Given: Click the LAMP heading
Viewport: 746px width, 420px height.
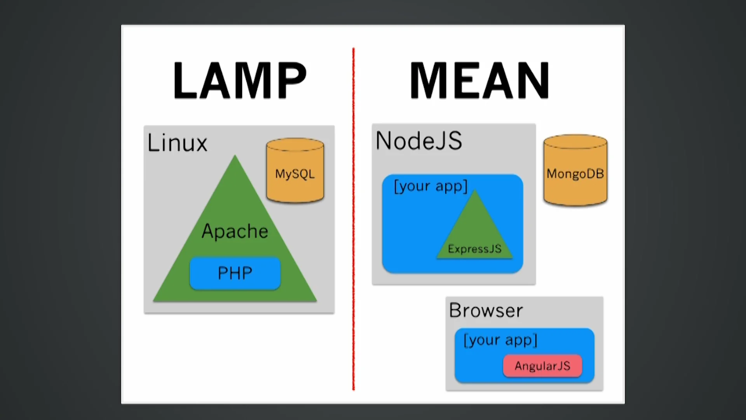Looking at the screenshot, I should (x=240, y=81).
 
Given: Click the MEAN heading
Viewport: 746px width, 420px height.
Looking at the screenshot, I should (x=480, y=81).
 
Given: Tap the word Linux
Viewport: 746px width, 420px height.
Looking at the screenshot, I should (x=177, y=143).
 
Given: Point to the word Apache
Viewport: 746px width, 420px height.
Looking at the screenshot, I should (x=235, y=231).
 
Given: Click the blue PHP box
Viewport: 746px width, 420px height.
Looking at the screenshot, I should (x=235, y=273).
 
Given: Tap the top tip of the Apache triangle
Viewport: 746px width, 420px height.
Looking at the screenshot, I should (x=235, y=157).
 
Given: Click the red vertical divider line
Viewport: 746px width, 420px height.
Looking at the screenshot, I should (x=353, y=218).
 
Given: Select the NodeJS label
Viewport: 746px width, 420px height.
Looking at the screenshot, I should (x=419, y=141).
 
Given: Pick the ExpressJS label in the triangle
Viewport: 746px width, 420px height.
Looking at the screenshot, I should (x=474, y=249).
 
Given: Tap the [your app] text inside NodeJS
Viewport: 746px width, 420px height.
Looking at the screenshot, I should (x=431, y=186).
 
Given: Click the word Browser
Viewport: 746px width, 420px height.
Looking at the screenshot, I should (x=486, y=311).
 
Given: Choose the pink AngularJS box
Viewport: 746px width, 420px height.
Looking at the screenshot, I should (x=542, y=366).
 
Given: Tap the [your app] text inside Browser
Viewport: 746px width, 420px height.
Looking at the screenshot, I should (x=500, y=340).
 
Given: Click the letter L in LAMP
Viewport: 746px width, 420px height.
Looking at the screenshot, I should (x=185, y=81).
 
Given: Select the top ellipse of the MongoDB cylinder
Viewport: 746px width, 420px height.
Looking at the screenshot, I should (x=575, y=142).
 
